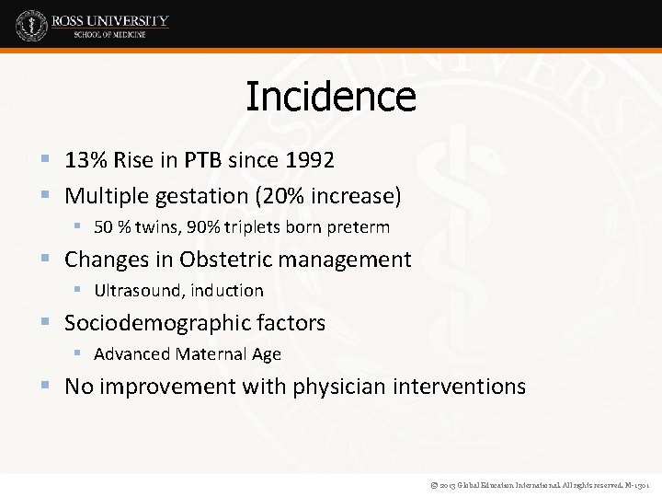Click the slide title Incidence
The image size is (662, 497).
click(331, 97)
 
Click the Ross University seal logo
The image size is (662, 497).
click(31, 26)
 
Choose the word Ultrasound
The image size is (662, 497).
click(136, 291)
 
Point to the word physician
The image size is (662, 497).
click(335, 387)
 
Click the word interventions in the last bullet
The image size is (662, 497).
click(460, 387)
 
